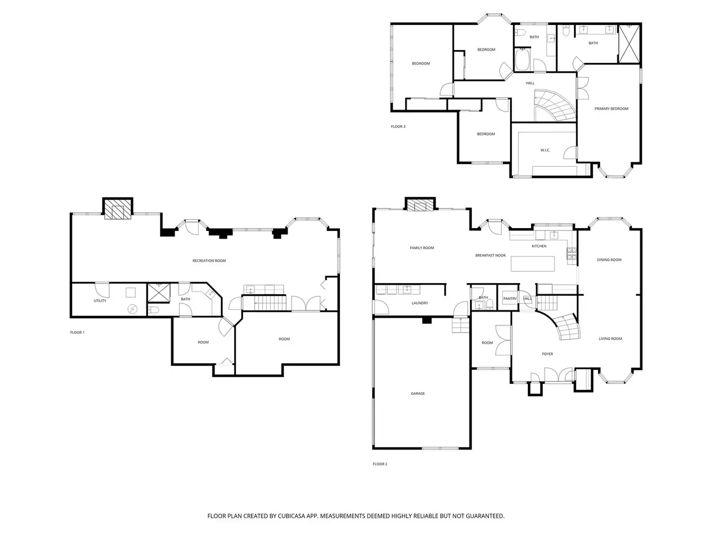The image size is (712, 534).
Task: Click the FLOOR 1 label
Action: point(77,332)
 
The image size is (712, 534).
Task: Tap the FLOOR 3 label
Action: point(398,126)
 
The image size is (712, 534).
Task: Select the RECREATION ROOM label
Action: point(209,261)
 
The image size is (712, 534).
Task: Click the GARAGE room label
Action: point(418,393)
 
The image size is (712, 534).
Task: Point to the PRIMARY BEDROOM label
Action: point(611,108)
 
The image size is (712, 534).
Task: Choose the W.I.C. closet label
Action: point(545,150)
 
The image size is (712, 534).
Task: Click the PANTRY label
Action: point(510,299)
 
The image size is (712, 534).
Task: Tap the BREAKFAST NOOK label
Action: point(491,255)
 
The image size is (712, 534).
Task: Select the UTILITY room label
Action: point(100,300)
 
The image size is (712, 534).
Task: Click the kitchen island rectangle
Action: point(533,264)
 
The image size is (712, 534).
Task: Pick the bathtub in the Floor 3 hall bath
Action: point(522,60)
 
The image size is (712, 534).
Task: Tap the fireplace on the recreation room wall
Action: point(118,208)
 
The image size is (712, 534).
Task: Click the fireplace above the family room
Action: point(420,204)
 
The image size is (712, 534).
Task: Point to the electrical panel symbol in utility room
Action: point(132,309)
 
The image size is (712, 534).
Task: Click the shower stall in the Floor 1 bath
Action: point(159,293)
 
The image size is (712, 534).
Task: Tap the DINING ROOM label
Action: point(609,260)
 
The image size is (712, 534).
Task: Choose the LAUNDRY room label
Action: point(420,303)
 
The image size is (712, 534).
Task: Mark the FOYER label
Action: point(547,354)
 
